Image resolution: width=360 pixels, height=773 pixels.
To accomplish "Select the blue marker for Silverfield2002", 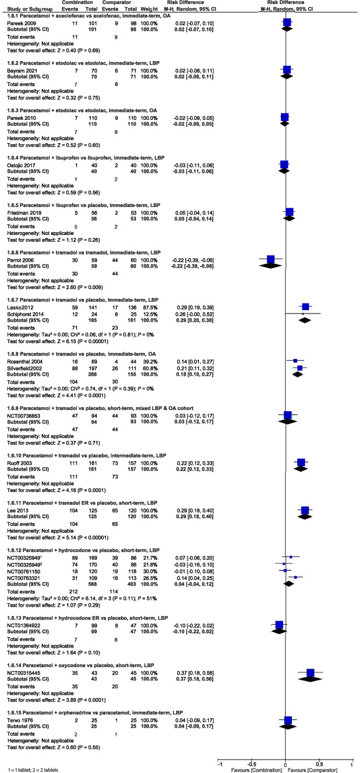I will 300,368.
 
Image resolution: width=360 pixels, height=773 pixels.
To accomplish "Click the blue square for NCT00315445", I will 310,673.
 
